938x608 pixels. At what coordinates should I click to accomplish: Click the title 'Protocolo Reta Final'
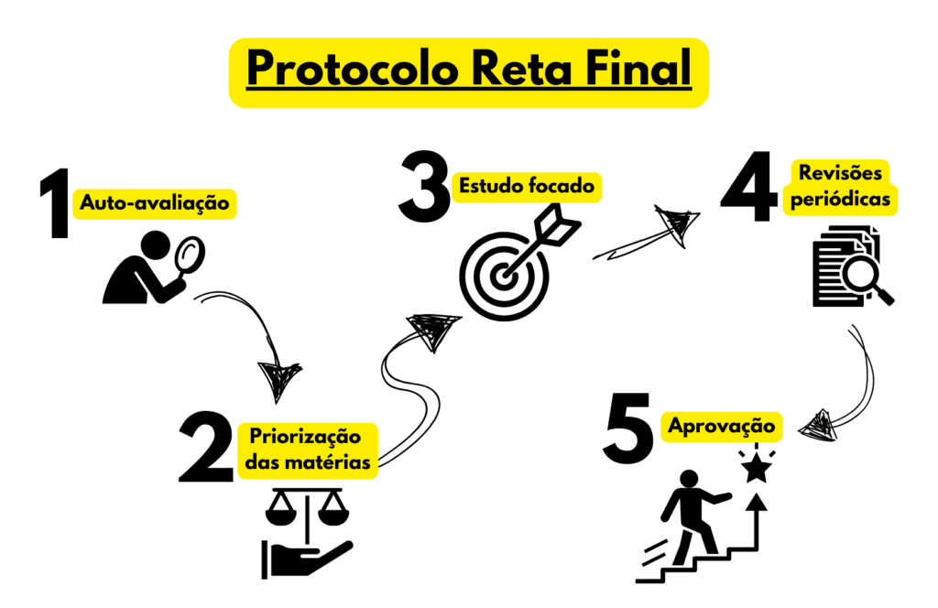tap(469, 68)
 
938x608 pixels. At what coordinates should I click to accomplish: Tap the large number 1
tap(56, 203)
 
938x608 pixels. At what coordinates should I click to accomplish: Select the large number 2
tap(206, 447)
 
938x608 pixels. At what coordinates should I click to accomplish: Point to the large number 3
tap(425, 187)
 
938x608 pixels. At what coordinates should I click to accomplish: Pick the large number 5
tap(628, 428)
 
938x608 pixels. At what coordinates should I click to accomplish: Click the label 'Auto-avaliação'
tap(154, 203)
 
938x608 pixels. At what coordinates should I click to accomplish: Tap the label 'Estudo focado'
tap(527, 186)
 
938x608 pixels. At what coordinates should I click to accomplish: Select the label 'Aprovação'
tap(722, 427)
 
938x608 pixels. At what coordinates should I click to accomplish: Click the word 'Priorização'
tap(305, 437)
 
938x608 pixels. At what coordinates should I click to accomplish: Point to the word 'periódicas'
tap(841, 199)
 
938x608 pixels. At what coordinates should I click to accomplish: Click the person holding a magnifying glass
tap(154, 267)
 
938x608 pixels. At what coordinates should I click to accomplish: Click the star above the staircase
tap(757, 468)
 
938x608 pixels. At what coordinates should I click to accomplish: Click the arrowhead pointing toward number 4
tap(677, 223)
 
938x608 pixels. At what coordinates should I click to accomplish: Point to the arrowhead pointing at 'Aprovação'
tap(817, 426)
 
